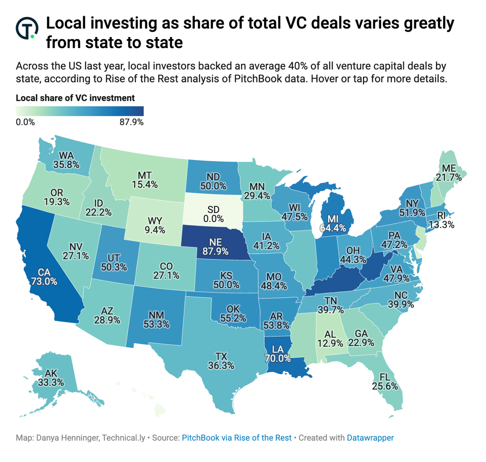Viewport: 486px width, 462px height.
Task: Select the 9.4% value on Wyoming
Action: [154, 230]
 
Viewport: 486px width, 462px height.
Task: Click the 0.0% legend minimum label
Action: [25, 122]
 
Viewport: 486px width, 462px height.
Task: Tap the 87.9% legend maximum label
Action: [131, 122]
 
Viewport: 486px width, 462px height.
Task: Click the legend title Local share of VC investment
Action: [75, 98]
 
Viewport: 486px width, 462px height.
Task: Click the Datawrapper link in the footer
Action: [370, 438]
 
